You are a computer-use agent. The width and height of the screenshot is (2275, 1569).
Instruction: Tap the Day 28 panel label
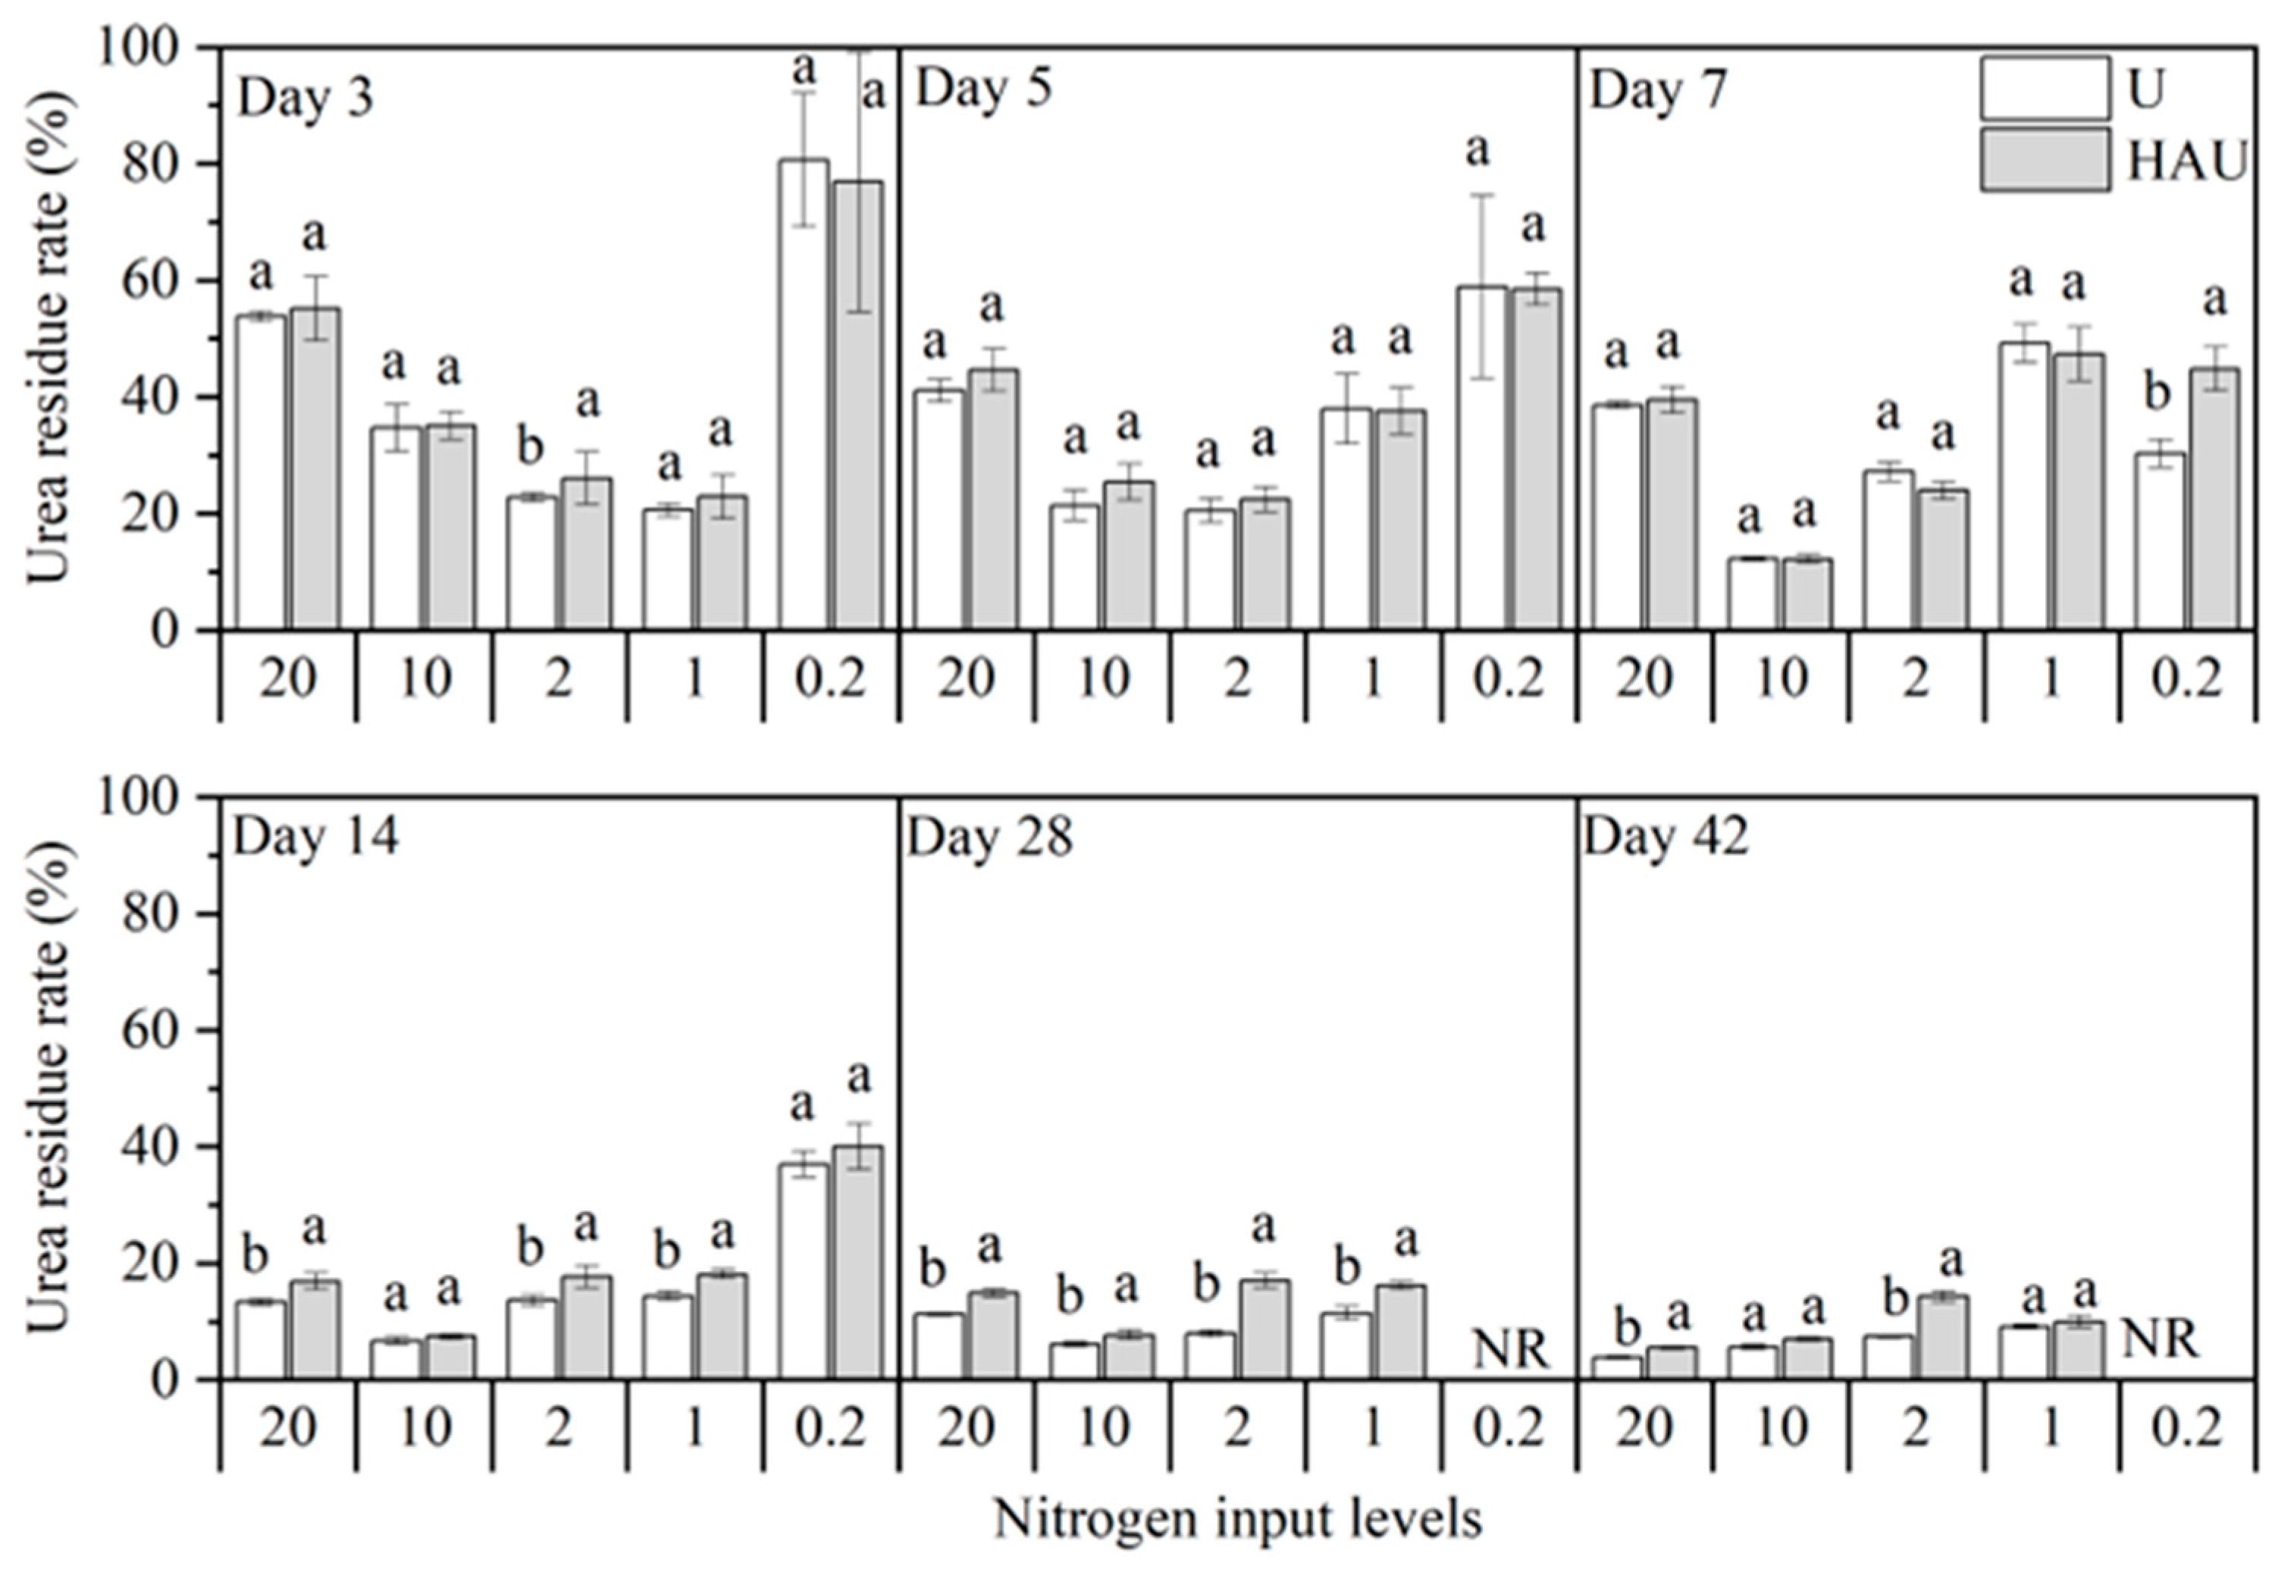(x=989, y=838)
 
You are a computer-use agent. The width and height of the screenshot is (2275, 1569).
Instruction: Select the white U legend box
(x=2045, y=89)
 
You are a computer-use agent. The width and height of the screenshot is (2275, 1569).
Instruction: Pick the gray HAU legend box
(x=2045, y=159)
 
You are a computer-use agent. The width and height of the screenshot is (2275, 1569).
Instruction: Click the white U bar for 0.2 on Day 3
(x=804, y=393)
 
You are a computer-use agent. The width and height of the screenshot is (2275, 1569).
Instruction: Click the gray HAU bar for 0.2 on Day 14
(x=858, y=1264)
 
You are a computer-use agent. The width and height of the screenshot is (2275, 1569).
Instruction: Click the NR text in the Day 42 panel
(x=2160, y=1339)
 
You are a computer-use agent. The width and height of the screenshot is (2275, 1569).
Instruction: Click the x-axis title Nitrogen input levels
(x=1238, y=1519)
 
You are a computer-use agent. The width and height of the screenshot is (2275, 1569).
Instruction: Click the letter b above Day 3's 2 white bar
(x=530, y=447)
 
